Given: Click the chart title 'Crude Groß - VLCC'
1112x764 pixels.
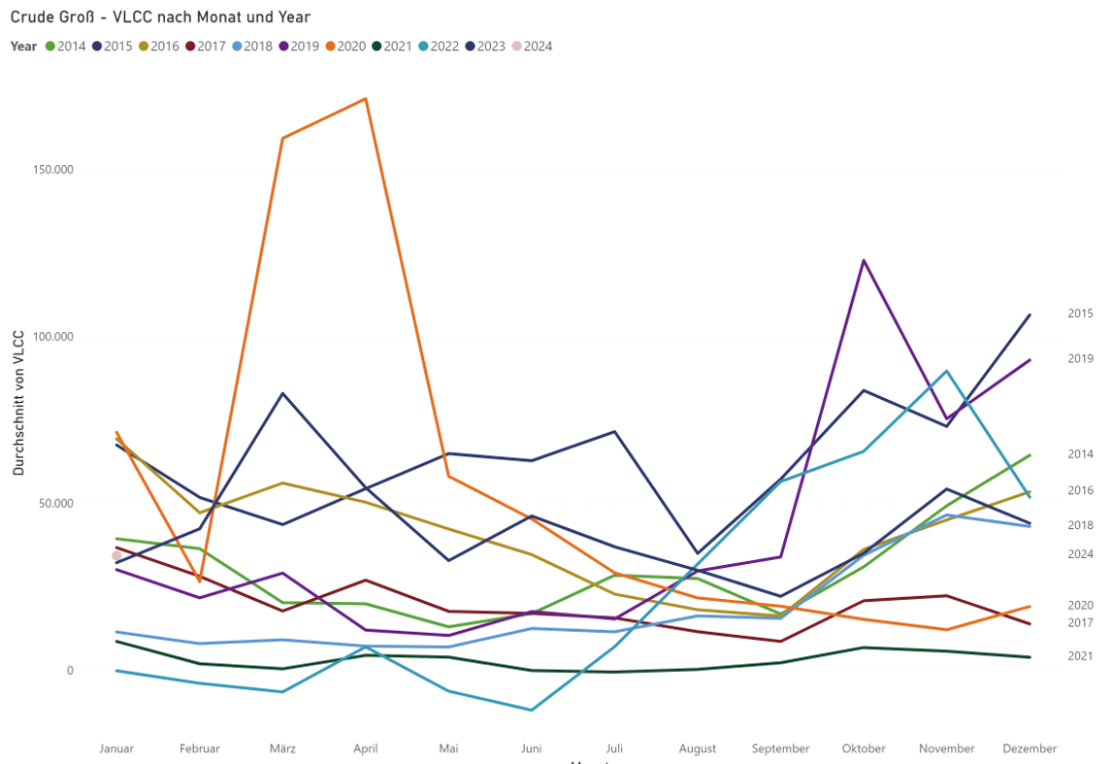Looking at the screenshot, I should (160, 17).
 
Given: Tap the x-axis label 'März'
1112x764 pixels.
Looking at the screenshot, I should (282, 748).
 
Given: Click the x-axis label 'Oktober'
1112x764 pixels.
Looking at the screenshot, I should (864, 748).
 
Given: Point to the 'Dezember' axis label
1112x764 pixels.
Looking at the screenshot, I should (1030, 748).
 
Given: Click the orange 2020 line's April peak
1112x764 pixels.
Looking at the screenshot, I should (365, 98).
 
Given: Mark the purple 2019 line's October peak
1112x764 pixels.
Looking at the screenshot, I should (864, 260).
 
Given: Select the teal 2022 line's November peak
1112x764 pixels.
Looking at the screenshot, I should (946, 371).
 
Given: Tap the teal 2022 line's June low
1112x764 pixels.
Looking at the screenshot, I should (532, 710).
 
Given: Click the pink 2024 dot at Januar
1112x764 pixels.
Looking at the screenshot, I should (116, 555).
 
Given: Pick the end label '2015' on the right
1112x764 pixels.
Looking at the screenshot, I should (1080, 314).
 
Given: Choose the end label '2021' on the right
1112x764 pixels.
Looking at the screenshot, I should (1080, 656).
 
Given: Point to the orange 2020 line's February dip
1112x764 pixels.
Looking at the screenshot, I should (200, 581).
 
